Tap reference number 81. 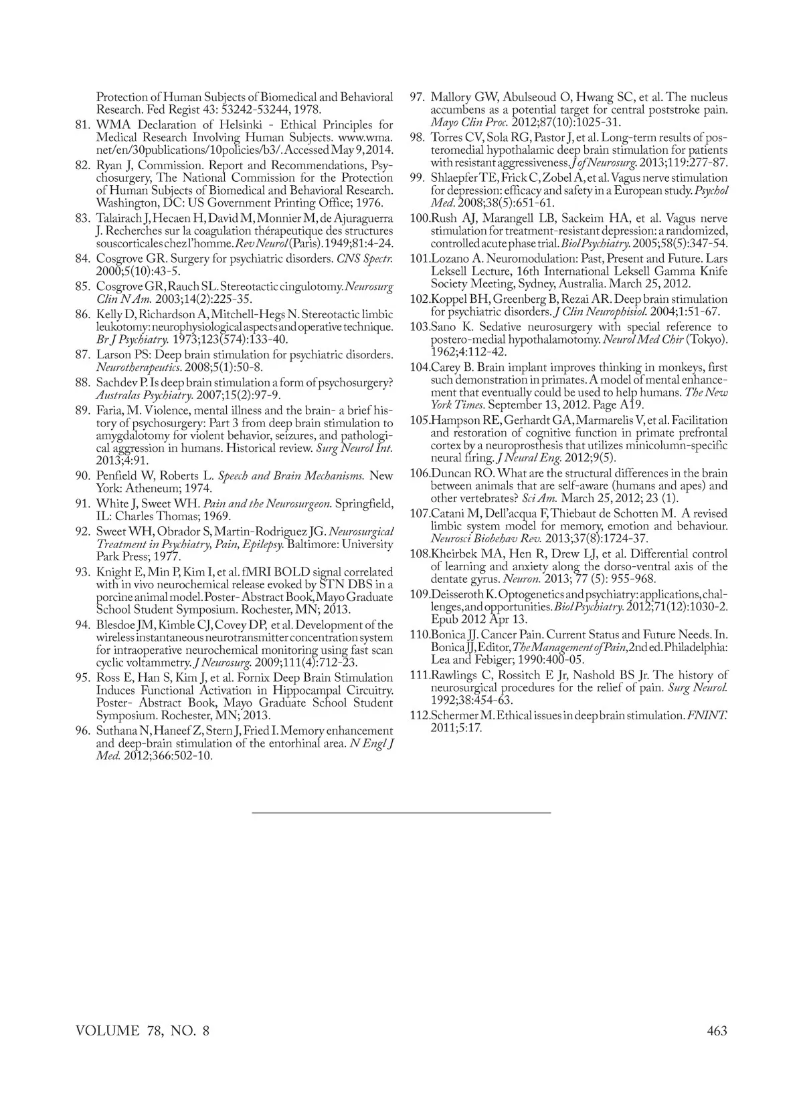click(x=83, y=124)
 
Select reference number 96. click(x=83, y=731)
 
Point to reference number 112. click(x=419, y=716)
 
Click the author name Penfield click(x=118, y=476)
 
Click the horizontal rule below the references click(x=401, y=812)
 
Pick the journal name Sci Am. click(x=539, y=499)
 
